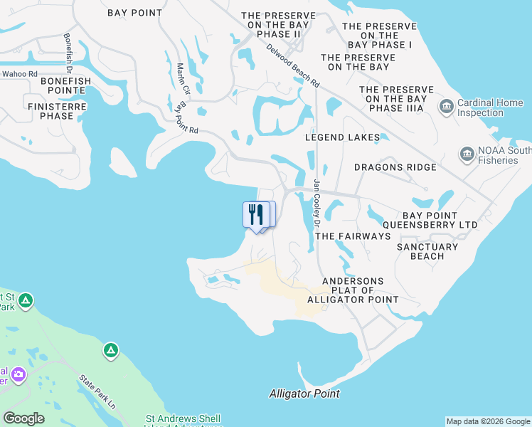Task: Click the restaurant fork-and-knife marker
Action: coord(256,214)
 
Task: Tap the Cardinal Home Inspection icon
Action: coord(447,107)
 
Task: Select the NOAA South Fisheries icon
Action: coord(467,154)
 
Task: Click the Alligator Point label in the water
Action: coord(304,394)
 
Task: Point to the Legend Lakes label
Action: coord(343,137)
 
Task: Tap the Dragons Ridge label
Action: coord(395,167)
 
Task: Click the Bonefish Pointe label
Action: coord(66,81)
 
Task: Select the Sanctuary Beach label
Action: coord(427,251)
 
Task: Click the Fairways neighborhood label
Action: coord(353,236)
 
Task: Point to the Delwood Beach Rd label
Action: coord(293,66)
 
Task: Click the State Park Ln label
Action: coord(97,392)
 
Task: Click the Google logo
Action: coord(23,418)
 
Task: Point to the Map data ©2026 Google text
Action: coord(488,421)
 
